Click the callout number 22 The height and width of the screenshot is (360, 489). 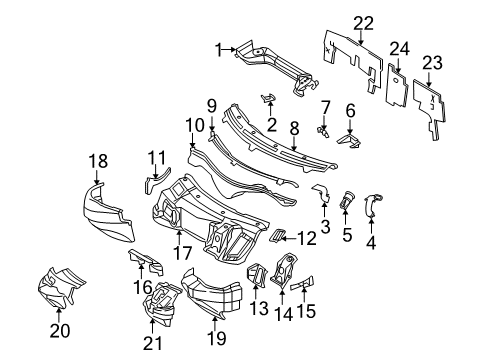tap(362, 23)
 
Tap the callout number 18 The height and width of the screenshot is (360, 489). tap(98, 159)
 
